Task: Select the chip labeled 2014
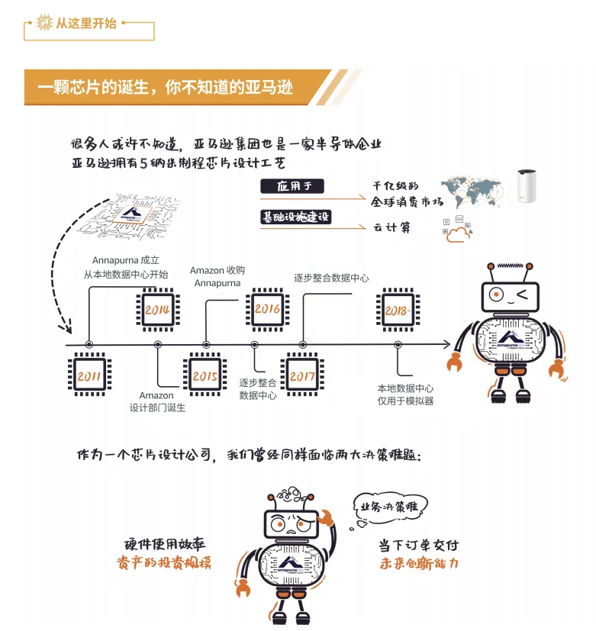[x=157, y=310]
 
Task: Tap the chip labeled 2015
[x=205, y=376]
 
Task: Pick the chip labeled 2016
[x=267, y=309]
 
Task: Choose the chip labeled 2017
[x=302, y=376]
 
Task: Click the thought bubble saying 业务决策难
[x=389, y=507]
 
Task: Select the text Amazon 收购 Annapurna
[x=217, y=276]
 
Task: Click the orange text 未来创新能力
[x=419, y=564]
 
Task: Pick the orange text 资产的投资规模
[x=164, y=562]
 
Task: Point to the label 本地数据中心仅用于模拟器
[x=405, y=394]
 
